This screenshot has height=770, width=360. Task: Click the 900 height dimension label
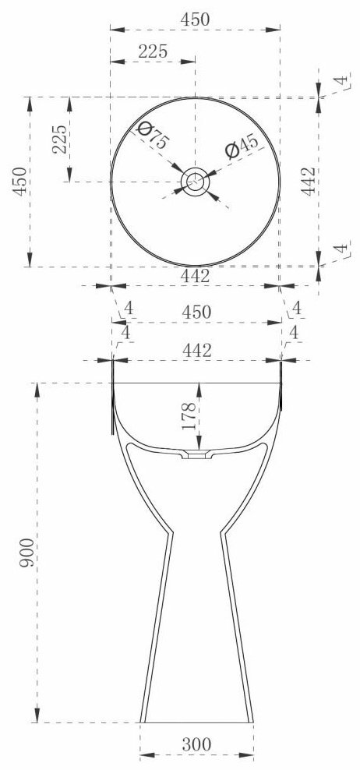(27, 553)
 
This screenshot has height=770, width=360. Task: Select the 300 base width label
(197, 744)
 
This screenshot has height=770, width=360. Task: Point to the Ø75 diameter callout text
(154, 136)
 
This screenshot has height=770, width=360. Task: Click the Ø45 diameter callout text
(242, 147)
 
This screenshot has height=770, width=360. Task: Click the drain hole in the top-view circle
(195, 182)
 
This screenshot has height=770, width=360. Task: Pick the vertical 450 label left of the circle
(20, 182)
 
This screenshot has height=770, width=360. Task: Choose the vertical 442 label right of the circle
(309, 182)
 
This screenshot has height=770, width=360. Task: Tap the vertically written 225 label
(60, 139)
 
